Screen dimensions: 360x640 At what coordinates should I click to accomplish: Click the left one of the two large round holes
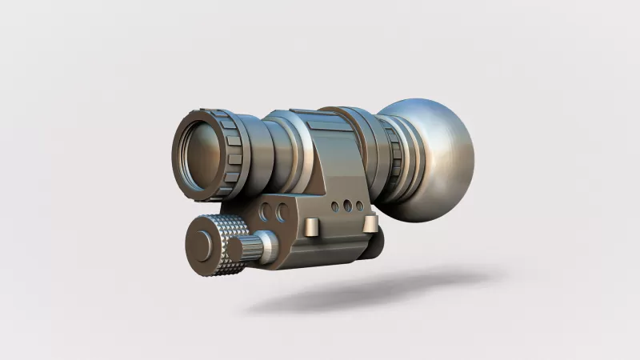266,212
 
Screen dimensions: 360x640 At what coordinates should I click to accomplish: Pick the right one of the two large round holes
282,212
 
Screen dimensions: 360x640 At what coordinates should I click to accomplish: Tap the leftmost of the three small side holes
334,206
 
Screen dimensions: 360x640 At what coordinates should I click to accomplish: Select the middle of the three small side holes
347,206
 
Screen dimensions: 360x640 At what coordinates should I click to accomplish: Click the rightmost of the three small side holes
359,206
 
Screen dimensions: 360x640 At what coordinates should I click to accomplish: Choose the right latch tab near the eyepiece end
370,223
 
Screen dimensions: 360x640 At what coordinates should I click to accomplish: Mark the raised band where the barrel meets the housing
294,152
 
